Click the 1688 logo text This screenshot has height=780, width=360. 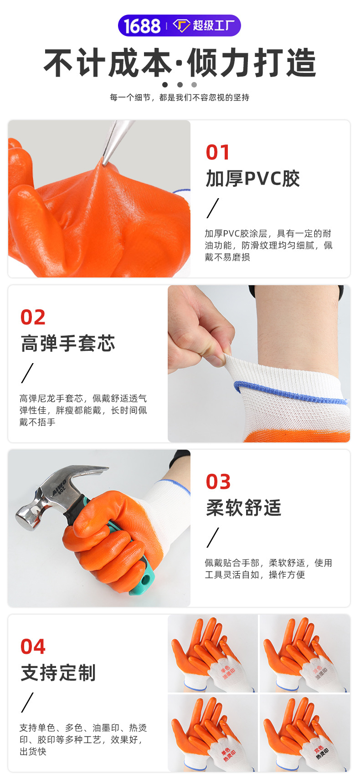[142, 26]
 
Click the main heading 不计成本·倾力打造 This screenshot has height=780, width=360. [180, 63]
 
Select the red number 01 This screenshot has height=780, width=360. [217, 153]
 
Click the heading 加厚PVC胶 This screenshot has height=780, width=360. [252, 179]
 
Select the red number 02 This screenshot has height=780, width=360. [33, 318]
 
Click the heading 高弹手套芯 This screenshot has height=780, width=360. [68, 344]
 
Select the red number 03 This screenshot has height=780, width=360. [218, 482]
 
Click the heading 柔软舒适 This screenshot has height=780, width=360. [243, 508]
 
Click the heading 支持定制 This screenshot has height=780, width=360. [58, 673]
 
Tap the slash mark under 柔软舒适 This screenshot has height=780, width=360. [213, 538]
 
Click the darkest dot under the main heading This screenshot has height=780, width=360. [165, 85]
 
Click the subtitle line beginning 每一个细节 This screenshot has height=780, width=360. [180, 97]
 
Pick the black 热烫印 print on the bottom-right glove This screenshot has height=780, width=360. [322, 753]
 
